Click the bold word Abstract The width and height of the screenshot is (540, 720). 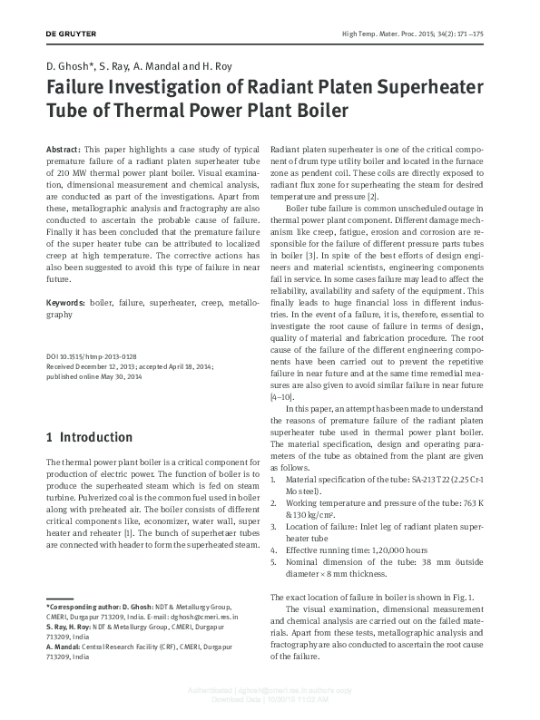[x=62, y=148]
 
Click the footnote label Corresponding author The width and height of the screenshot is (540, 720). [x=86, y=605]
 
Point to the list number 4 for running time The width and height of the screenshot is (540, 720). [x=274, y=549]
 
